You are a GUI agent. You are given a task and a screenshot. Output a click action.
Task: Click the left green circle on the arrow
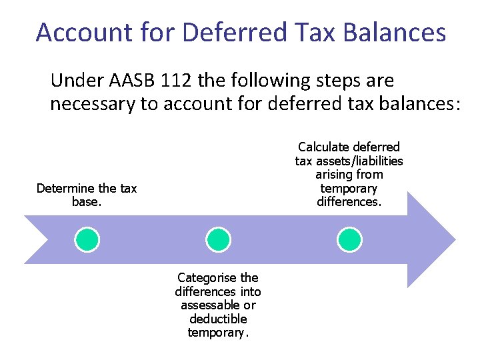pos(87,239)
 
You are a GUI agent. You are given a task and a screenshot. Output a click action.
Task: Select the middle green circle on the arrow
pos(217,239)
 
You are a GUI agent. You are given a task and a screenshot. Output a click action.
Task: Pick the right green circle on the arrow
pos(349,239)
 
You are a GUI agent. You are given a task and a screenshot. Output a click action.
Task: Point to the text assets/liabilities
pos(360,161)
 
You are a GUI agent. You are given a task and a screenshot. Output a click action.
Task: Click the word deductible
pos(218,319)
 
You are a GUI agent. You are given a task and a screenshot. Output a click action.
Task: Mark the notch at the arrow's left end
pos(47,239)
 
